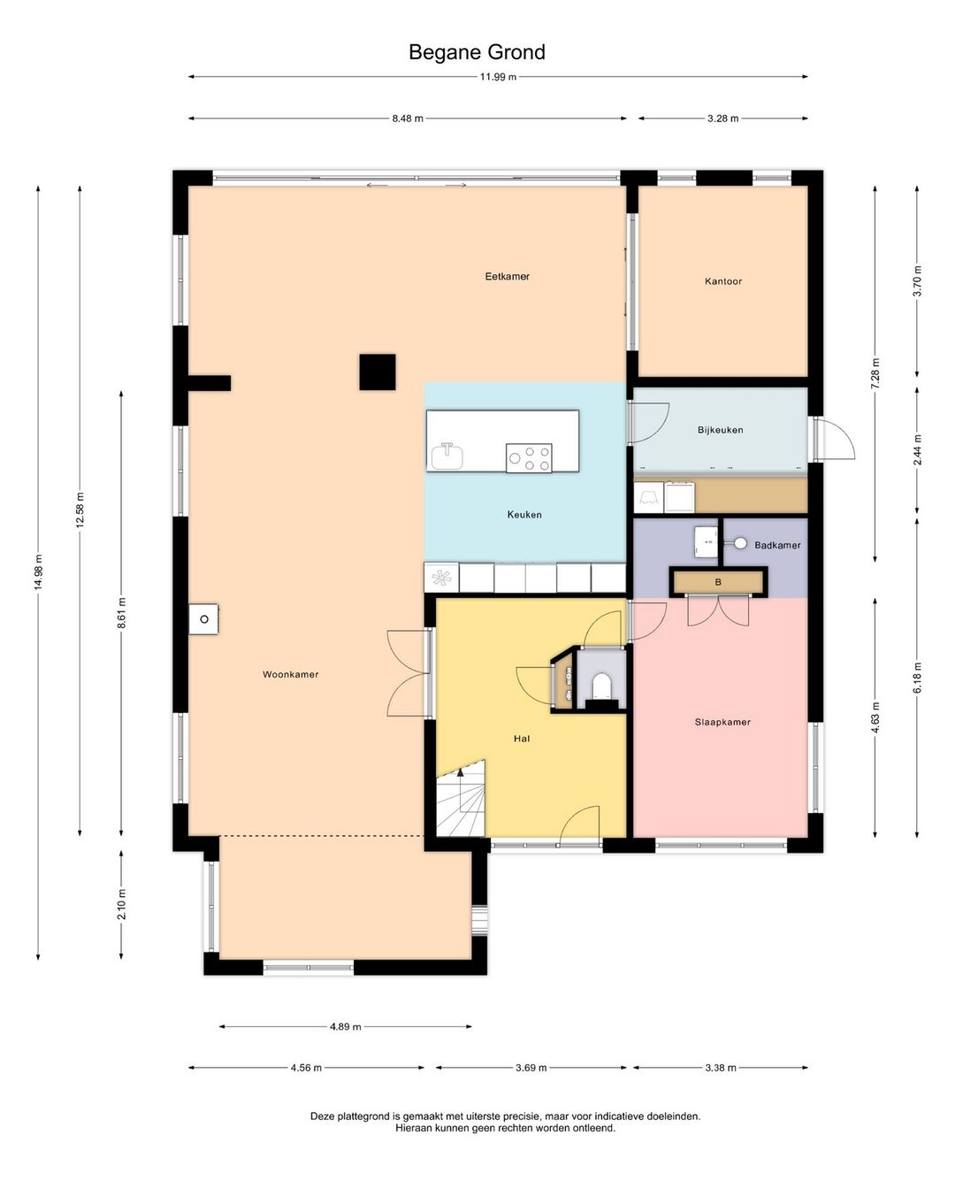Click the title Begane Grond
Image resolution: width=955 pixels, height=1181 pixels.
(477, 52)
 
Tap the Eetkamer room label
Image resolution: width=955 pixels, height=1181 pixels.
(508, 276)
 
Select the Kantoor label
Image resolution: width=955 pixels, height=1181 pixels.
(722, 281)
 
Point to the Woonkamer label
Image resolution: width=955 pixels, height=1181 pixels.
(290, 674)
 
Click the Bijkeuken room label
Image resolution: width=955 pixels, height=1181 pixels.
(720, 430)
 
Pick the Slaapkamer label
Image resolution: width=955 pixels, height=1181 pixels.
(722, 722)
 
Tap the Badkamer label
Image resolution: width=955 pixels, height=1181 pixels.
(777, 545)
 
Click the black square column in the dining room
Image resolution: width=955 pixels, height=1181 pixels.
(378, 372)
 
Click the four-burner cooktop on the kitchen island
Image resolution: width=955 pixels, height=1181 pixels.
(529, 458)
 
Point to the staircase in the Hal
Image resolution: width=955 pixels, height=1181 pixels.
(461, 799)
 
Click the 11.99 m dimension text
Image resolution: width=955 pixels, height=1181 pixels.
(498, 77)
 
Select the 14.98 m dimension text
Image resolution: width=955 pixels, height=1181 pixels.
(38, 571)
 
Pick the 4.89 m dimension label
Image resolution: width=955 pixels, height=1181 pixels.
(346, 1026)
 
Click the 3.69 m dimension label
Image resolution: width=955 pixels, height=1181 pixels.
(531, 1068)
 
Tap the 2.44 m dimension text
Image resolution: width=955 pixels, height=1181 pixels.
(917, 449)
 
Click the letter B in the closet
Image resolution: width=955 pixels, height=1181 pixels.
(718, 582)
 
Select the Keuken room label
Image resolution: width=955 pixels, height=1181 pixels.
(524, 515)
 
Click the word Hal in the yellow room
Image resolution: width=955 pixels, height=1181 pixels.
(522, 739)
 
